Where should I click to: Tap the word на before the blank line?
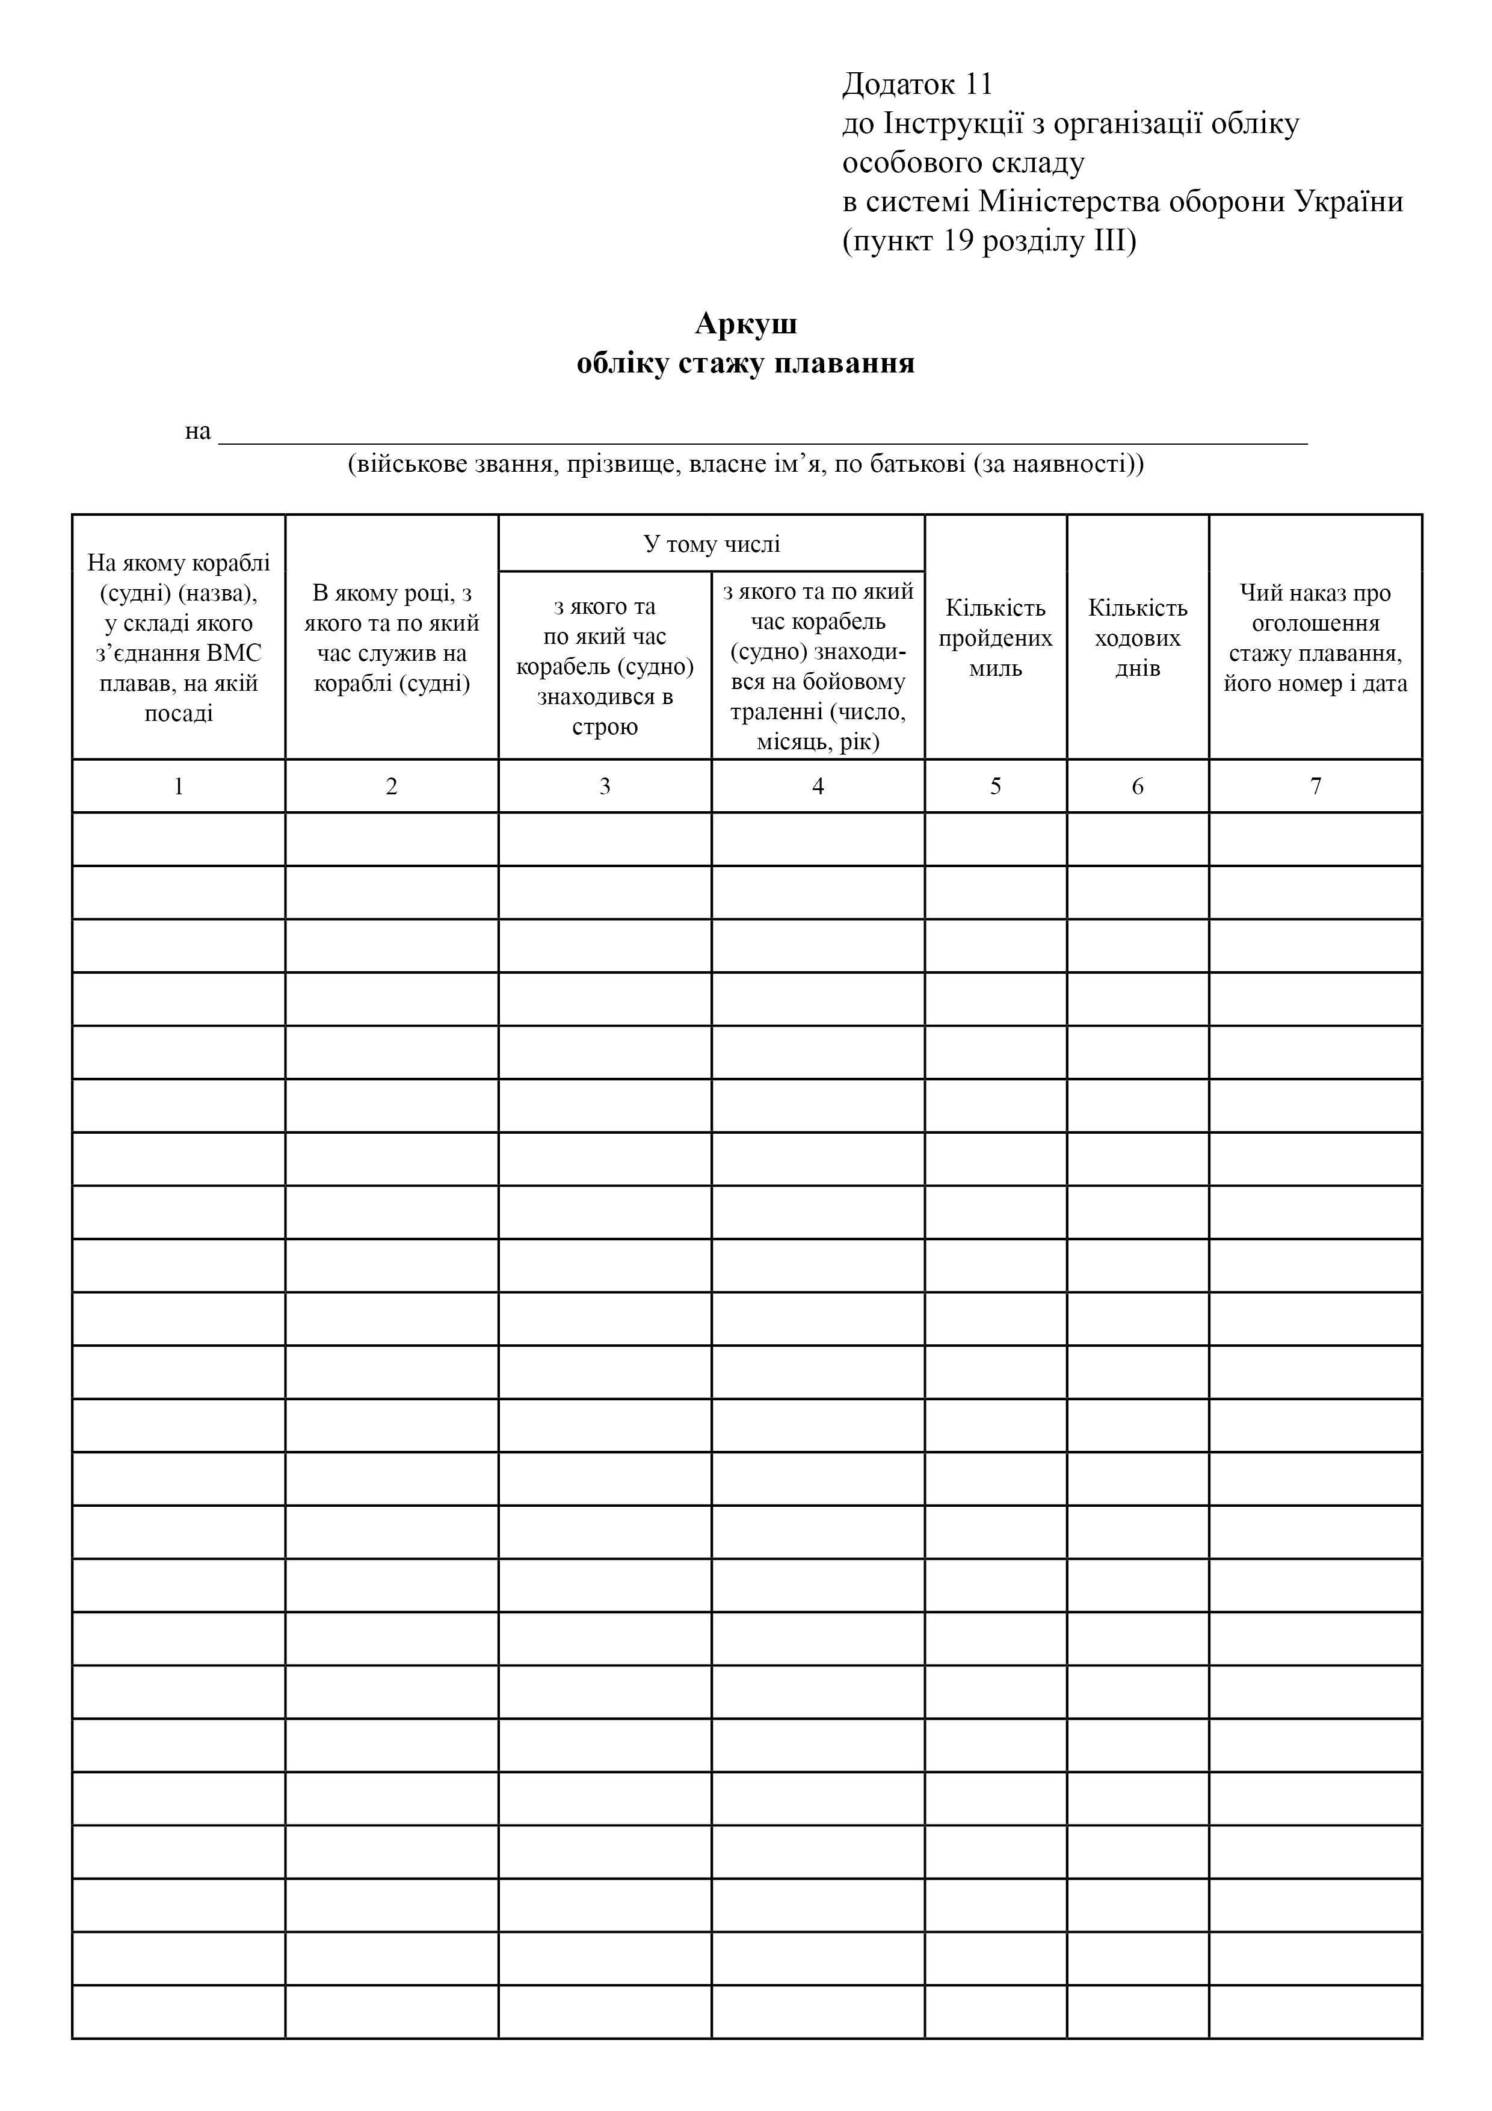coord(198,431)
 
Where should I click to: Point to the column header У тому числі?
coord(712,545)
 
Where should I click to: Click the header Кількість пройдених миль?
coord(996,638)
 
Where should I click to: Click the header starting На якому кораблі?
coord(178,638)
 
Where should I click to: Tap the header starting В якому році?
coord(392,638)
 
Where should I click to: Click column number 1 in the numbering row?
coord(178,786)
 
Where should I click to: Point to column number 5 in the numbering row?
coord(996,786)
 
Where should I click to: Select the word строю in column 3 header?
coord(604,728)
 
